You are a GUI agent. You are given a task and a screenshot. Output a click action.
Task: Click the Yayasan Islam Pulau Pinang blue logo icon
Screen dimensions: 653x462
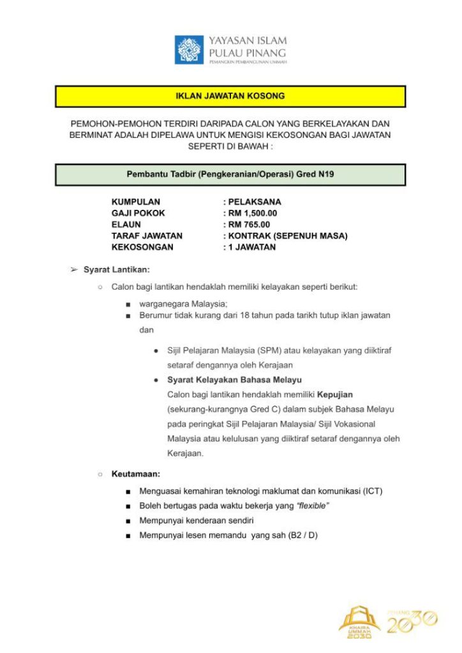(190, 50)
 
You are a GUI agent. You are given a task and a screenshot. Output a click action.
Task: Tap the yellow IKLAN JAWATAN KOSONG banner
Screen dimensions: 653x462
(230, 96)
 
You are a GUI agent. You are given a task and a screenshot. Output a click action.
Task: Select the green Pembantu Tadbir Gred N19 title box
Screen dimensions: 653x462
(230, 175)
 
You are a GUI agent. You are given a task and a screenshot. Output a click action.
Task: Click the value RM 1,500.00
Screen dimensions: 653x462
(253, 213)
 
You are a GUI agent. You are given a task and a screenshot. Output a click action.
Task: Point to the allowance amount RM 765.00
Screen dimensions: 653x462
(249, 224)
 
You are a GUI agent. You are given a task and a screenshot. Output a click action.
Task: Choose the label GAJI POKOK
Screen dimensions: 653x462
(138, 213)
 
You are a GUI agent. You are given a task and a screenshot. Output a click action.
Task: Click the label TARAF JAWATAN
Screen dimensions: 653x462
(147, 236)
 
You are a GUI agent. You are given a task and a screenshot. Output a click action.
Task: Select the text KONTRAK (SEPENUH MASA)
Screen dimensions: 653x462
(288, 236)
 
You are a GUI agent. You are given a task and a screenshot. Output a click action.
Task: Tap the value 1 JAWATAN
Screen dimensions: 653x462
(252, 247)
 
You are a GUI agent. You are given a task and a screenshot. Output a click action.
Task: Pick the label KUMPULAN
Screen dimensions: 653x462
(136, 202)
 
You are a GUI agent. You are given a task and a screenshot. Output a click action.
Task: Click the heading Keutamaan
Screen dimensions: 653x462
(135, 474)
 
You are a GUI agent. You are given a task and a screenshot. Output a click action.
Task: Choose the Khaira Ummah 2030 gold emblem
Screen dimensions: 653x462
(359, 622)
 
